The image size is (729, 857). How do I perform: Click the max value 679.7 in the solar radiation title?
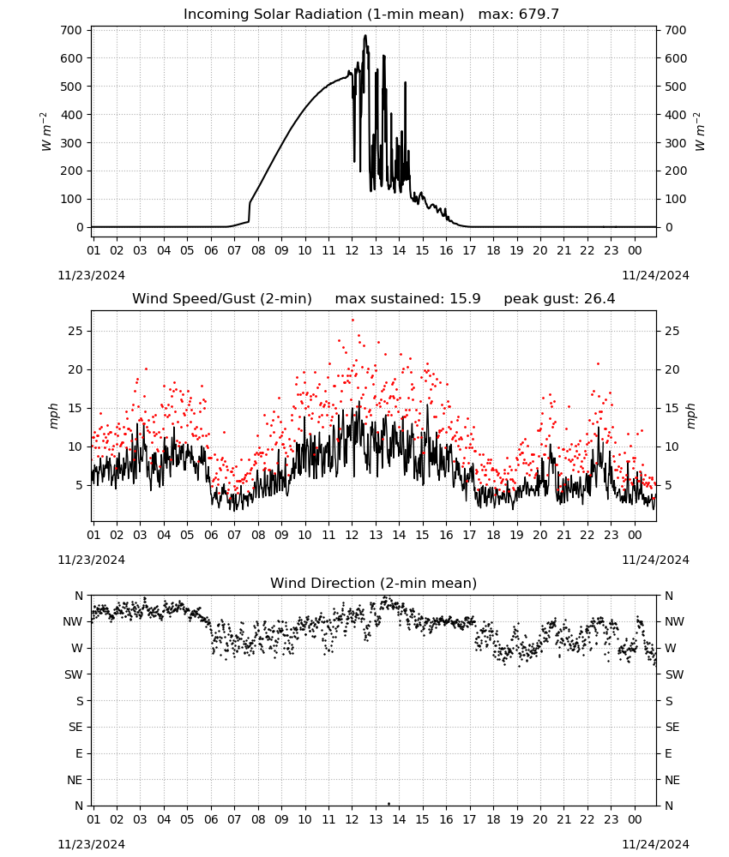click(x=539, y=14)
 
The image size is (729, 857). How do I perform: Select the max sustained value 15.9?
click(x=465, y=299)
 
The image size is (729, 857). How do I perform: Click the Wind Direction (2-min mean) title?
click(x=374, y=583)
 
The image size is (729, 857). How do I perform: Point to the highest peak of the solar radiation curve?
click(x=365, y=35)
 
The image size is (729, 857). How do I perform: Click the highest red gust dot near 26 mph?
click(x=352, y=321)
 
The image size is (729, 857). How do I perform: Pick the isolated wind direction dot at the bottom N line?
click(x=389, y=804)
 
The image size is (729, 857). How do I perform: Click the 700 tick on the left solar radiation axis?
click(x=71, y=30)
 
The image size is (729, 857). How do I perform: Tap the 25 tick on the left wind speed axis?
click(x=76, y=331)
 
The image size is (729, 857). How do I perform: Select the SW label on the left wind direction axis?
click(x=73, y=674)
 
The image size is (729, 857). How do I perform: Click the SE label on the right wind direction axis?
click(x=672, y=727)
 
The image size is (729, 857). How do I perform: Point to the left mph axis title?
click(x=53, y=416)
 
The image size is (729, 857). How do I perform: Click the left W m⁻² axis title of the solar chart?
click(x=46, y=132)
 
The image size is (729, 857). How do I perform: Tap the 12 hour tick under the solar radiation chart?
click(x=352, y=251)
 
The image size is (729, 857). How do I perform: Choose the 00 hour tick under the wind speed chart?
click(x=635, y=535)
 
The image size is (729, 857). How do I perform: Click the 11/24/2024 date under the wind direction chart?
click(x=655, y=844)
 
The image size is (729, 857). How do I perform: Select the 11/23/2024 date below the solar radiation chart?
click(x=91, y=275)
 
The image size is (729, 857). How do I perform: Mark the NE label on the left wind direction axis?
click(x=75, y=780)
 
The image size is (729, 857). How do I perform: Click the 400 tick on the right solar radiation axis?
click(x=676, y=115)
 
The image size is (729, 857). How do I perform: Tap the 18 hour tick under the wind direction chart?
click(x=493, y=819)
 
